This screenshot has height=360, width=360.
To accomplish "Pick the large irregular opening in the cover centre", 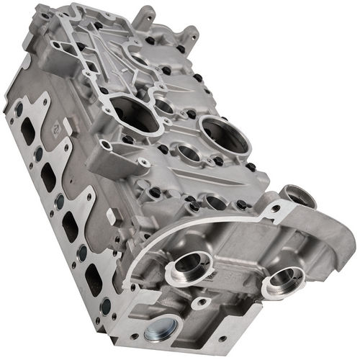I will click(137, 115).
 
